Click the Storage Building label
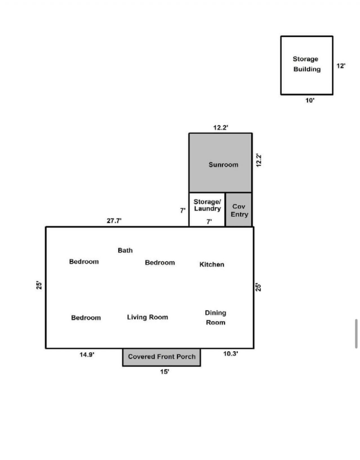[306, 64]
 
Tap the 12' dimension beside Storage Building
[341, 66]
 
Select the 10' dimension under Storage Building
[310, 100]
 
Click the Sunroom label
[223, 165]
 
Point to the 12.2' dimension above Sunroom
[220, 128]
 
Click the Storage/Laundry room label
[207, 205]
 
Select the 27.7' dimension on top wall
[114, 221]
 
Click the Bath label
[125, 250]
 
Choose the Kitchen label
[212, 265]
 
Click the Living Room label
[147, 317]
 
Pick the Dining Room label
[215, 318]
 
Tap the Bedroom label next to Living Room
[86, 318]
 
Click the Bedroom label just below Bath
[160, 263]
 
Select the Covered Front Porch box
[162, 357]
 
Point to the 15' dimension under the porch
[165, 372]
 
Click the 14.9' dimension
[87, 355]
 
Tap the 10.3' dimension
[231, 354]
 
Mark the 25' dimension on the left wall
[39, 285]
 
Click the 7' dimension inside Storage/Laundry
[209, 222]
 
